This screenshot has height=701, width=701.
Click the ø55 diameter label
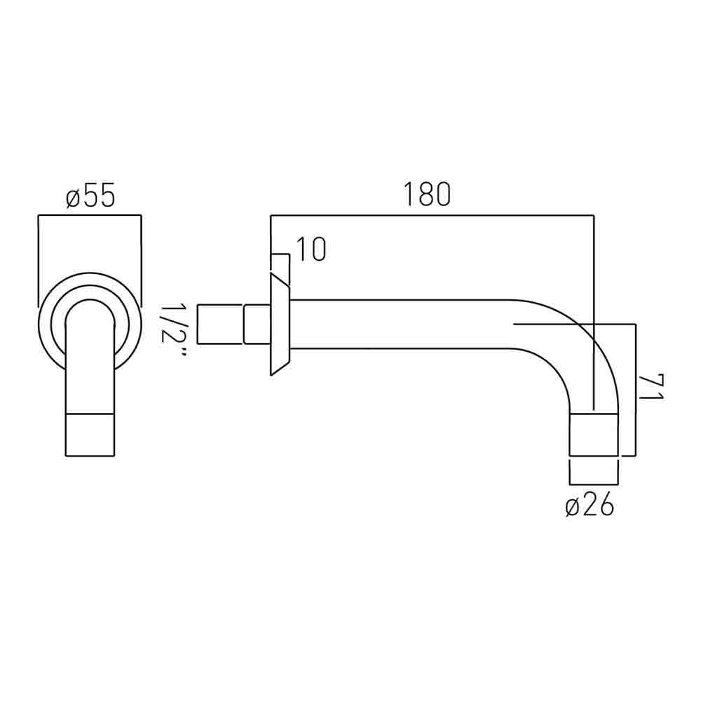[x=90, y=197]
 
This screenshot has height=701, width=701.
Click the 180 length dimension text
[x=426, y=196]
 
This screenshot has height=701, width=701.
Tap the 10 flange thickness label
[x=310, y=250]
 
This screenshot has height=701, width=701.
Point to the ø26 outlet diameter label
[x=590, y=504]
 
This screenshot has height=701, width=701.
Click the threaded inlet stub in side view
[x=220, y=324]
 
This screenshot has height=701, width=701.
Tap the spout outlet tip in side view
[x=594, y=435]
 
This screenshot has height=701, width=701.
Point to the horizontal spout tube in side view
[x=400, y=324]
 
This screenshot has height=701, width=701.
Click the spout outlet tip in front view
[x=90, y=435]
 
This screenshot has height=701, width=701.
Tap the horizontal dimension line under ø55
[x=90, y=217]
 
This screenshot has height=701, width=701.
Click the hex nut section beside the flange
[x=255, y=324]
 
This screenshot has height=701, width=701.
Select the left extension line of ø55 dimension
[x=37, y=259]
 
